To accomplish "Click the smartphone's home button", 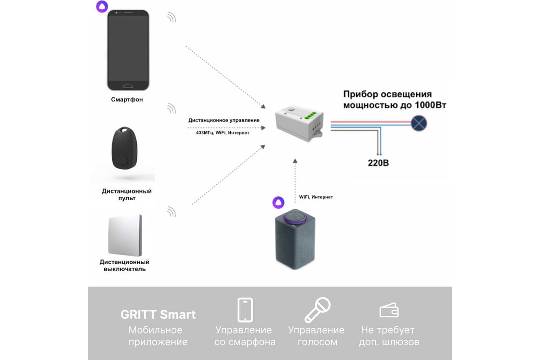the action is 128,86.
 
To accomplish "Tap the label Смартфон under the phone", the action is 127,99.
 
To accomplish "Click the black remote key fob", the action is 124,148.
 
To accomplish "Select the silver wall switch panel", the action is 125,235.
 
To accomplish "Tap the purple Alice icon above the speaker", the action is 279,202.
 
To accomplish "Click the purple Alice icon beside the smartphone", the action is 102,6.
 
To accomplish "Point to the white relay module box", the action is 299,123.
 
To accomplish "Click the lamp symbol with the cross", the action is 419,123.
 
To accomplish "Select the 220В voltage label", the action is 378,163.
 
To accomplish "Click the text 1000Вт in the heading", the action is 431,105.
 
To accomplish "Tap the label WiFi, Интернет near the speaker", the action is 316,197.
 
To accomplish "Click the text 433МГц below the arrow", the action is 204,133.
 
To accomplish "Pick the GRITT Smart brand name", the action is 158,315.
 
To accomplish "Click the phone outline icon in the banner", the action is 245,310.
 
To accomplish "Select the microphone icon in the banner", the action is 317,310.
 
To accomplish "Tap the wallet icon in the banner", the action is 389,310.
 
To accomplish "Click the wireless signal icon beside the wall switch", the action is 171,211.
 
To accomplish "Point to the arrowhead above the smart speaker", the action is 295,161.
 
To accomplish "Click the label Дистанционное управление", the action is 224,120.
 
